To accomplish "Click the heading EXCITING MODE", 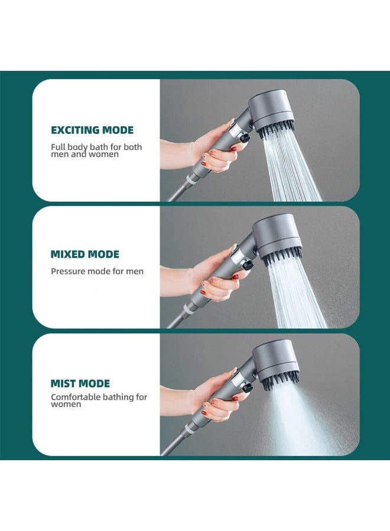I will (92, 130).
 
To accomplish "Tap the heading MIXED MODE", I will (85, 254).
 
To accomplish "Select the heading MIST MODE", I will (80, 383).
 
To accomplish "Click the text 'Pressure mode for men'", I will (97, 271).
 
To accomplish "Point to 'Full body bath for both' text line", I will (96, 147).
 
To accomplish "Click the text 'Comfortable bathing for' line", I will (99, 397).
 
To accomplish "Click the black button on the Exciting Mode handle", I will (242, 137).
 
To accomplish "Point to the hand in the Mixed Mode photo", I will (216, 277).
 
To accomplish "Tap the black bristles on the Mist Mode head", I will (284, 381).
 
